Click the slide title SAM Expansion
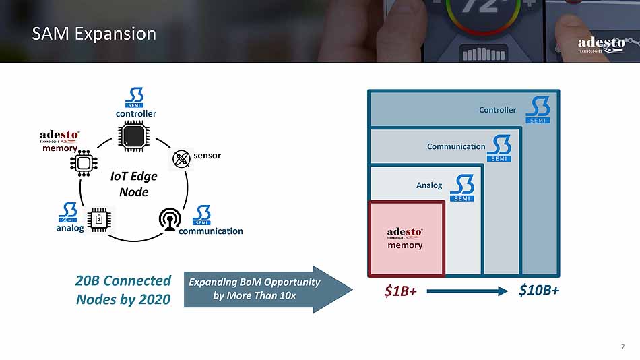(x=94, y=34)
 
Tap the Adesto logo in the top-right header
(x=601, y=45)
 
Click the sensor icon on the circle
(x=181, y=158)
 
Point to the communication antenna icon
(x=168, y=219)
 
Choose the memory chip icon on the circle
(x=84, y=163)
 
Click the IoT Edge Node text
(x=133, y=183)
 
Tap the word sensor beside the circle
(x=207, y=156)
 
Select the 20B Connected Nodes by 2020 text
(x=123, y=290)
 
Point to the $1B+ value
(x=401, y=291)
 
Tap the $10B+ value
(x=539, y=291)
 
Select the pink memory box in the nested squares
(x=406, y=238)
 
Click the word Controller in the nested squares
(x=497, y=110)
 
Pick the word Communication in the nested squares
(x=455, y=146)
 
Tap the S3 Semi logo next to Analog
(x=462, y=188)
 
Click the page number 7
(x=622, y=347)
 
